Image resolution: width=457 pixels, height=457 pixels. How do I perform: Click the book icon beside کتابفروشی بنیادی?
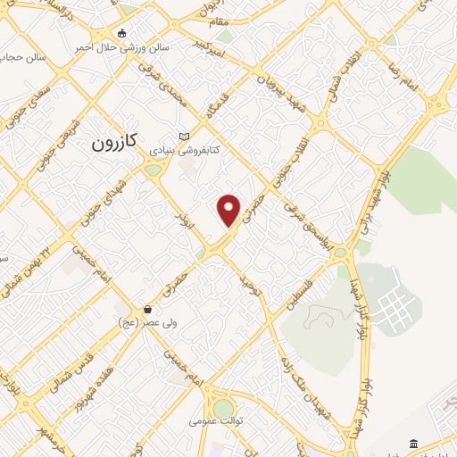coord(185,136)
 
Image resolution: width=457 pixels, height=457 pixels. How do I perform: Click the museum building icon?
coord(413,444)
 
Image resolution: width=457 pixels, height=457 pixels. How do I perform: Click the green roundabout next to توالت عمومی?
coord(222,408)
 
